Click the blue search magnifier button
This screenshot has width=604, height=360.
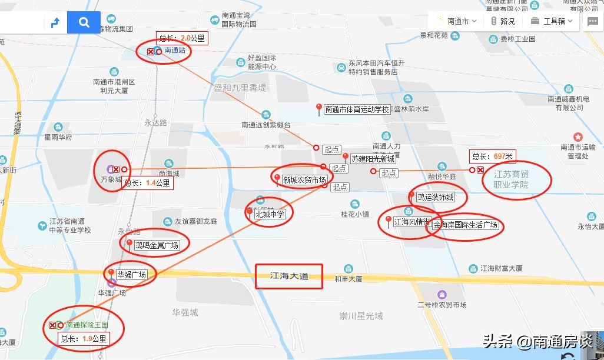pyautogui.click(x=84, y=22)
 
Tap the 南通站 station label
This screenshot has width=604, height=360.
pyautogui.click(x=175, y=51)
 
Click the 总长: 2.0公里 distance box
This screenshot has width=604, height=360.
pyautogui.click(x=182, y=38)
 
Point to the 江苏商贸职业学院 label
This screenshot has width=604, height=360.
pyautogui.click(x=511, y=179)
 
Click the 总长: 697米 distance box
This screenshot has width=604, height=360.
pyautogui.click(x=493, y=156)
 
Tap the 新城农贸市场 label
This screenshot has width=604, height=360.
pyautogui.click(x=304, y=180)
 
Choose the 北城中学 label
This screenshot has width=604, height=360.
pyautogui.click(x=270, y=214)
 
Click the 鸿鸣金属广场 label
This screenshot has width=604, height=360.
pyautogui.click(x=157, y=245)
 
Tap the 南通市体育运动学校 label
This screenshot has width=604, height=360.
pyautogui.click(x=357, y=109)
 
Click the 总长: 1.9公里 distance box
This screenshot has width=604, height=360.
pyautogui.click(x=84, y=339)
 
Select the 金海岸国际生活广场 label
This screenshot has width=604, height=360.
pyautogui.click(x=466, y=225)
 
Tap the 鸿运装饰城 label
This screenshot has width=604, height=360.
pyautogui.click(x=435, y=197)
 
